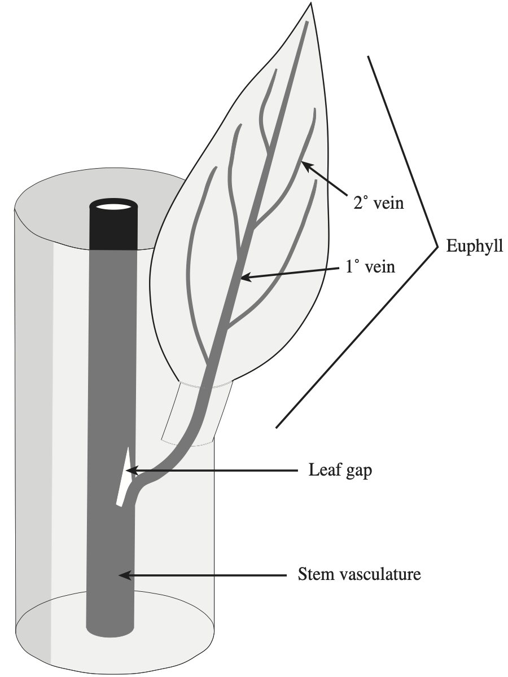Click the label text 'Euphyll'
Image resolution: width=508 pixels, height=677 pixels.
pyautogui.click(x=474, y=247)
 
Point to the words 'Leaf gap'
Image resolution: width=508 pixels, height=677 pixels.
pyautogui.click(x=340, y=470)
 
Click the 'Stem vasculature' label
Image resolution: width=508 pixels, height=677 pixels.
pyautogui.click(x=359, y=576)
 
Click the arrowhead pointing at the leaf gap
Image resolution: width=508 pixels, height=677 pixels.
pyautogui.click(x=129, y=470)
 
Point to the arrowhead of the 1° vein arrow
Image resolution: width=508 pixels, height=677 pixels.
pyautogui.click(x=242, y=278)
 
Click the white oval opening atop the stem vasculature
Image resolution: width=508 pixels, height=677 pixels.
pyautogui.click(x=113, y=205)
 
